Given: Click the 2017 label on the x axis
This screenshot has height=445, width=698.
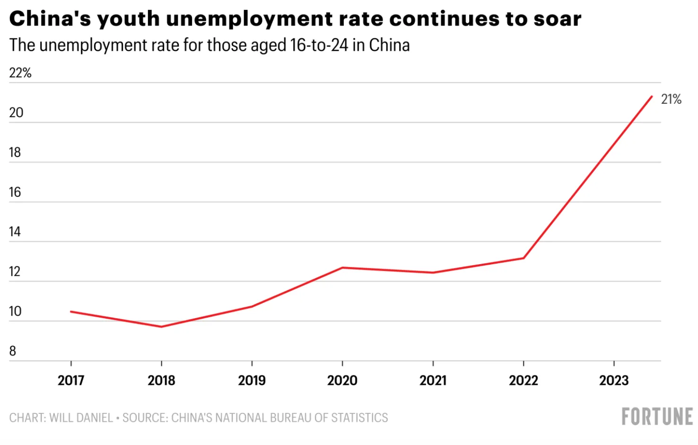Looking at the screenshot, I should coord(71,381).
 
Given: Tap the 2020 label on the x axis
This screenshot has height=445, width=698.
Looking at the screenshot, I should coord(342,381).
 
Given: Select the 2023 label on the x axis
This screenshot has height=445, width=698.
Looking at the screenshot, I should coord(614,381).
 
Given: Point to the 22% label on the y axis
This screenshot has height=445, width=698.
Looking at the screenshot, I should coord(20,73).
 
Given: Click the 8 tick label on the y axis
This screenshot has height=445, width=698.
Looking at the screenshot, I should coord(13,351).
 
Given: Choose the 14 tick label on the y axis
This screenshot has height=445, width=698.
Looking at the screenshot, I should coord(15,232).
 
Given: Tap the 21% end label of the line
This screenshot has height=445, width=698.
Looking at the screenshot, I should coord(671,99).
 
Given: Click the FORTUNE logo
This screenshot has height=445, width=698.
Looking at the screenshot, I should coord(657,417).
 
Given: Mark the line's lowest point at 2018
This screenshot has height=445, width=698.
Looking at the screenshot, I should coord(162,327).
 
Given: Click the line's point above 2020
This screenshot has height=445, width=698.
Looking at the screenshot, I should coord(342,267).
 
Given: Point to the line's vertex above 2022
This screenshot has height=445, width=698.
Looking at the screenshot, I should coord(523,258).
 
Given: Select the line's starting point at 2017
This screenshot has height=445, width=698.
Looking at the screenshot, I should coord(71,311).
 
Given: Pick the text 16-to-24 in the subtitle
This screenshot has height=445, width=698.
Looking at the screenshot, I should coord(319,45).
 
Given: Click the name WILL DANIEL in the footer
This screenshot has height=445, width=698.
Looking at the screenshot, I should coord(81,418).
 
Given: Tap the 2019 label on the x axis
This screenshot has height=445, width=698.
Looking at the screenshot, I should coord(252,381).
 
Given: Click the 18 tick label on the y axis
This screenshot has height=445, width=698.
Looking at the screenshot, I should coord(15,152).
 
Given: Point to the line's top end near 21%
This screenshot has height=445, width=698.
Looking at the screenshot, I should coord(652,97).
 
